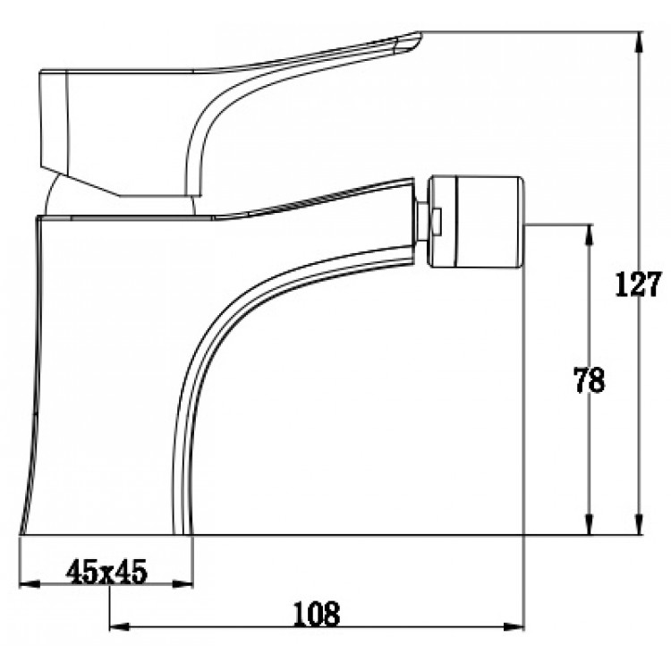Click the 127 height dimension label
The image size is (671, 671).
638,285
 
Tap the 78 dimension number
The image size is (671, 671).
590,380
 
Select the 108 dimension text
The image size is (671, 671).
317,614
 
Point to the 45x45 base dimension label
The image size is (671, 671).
106,572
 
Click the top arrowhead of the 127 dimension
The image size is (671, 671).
639,41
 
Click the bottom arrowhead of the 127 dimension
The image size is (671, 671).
639,524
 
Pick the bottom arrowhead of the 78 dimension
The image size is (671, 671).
590,524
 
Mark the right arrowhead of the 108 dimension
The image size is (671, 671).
514,627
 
